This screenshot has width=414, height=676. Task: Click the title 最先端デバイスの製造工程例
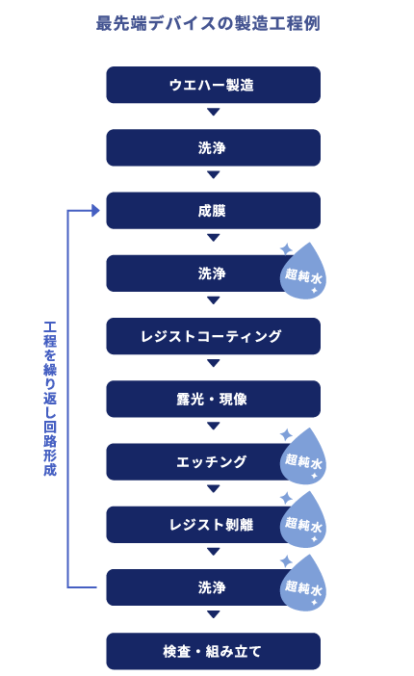(208, 23)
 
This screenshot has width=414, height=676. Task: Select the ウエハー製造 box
(213, 85)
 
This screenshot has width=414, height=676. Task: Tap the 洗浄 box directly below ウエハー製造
(213, 147)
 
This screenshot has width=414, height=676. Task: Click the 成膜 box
(213, 210)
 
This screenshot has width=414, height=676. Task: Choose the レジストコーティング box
(213, 336)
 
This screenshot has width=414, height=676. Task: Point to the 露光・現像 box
(213, 399)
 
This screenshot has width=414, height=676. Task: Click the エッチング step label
(211, 461)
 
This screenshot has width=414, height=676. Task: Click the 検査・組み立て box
(213, 651)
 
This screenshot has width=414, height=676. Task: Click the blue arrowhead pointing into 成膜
(95, 211)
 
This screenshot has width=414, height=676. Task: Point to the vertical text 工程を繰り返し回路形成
(50, 399)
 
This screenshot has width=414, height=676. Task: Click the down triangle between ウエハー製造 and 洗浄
(214, 112)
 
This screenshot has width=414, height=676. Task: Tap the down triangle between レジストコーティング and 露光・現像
(214, 363)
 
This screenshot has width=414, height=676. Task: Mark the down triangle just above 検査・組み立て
(214, 614)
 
